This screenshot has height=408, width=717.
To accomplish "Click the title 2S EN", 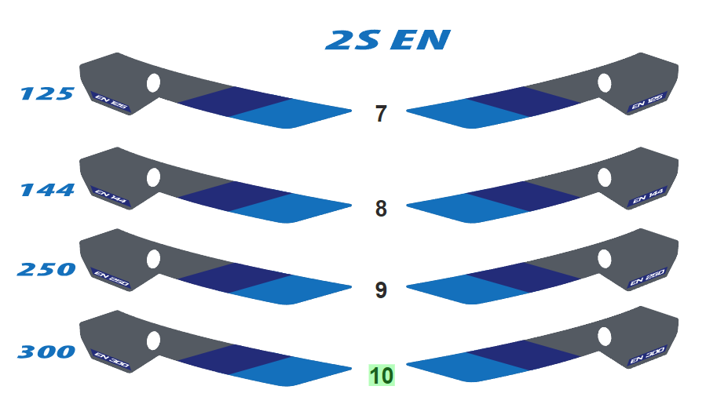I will point(388,40).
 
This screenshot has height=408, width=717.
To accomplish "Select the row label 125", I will point(47,94).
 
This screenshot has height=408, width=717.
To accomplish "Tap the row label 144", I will point(47,190).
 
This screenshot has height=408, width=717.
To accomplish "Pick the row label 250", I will point(46,270).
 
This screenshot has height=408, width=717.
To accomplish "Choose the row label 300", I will point(46,352).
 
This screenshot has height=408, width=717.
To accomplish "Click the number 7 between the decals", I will point(381,115).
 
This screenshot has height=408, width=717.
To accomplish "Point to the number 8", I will point(381,209).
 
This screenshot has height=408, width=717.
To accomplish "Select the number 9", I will point(381,291).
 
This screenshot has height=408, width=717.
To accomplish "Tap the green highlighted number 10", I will point(382,376).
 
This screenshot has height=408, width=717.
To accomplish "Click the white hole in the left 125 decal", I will point(154,82).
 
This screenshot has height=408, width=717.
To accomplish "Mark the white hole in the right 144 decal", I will point(605,177).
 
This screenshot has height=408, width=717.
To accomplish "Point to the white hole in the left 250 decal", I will point(154,259).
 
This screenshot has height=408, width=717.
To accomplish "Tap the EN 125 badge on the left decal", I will point(109,102).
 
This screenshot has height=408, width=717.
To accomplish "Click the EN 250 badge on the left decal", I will point(109,278).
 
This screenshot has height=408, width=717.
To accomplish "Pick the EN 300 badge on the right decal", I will point(649,357).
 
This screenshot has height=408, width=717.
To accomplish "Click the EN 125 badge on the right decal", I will point(649,102).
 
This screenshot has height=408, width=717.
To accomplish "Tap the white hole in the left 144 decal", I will point(154,177).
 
